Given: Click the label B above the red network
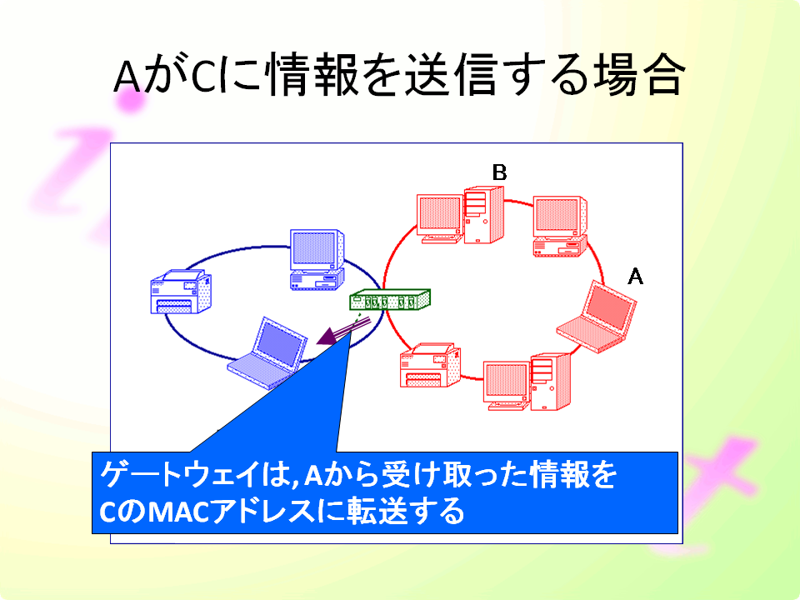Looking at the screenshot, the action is click(499, 172).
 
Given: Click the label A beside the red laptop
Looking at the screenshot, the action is click(635, 277).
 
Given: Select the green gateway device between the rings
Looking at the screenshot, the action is click(390, 299).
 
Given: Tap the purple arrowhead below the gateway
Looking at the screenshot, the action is click(327, 337).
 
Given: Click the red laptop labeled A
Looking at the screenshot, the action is click(597, 317).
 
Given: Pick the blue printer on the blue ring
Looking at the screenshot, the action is click(181, 292).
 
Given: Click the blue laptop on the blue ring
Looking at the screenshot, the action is click(267, 353).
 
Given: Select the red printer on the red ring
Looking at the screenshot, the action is click(430, 365).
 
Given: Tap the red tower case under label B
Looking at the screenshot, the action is click(484, 215).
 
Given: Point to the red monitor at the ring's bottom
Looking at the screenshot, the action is click(507, 386).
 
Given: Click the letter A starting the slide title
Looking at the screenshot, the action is click(127, 77).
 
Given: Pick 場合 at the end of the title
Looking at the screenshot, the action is click(637, 75).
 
